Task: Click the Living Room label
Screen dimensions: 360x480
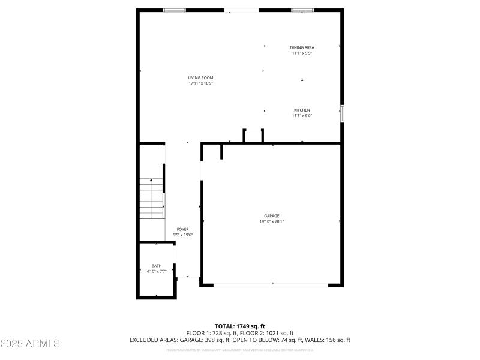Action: pos(200,78)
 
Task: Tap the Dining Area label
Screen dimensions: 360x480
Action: pos(302,47)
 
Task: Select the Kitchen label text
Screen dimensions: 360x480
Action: pos(302,110)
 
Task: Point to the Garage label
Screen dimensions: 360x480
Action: pos(272,216)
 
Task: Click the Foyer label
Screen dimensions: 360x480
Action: pos(183,229)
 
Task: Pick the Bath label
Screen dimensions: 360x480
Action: pos(157,266)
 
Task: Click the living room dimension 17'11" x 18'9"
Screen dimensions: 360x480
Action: pos(200,83)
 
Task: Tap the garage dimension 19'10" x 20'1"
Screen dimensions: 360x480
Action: pos(272,221)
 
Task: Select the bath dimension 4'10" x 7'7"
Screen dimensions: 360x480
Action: pos(157,271)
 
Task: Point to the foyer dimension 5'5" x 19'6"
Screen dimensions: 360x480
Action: pos(183,235)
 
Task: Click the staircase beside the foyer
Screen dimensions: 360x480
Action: pos(152,199)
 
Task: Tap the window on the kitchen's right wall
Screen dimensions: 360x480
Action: pos(342,113)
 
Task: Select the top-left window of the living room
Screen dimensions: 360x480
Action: pos(175,10)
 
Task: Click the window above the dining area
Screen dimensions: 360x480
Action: pos(302,10)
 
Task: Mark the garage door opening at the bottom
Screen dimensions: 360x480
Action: pos(271,284)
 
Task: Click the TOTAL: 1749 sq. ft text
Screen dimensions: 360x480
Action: pos(240,326)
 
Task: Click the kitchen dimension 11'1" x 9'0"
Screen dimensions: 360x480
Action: pos(302,116)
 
